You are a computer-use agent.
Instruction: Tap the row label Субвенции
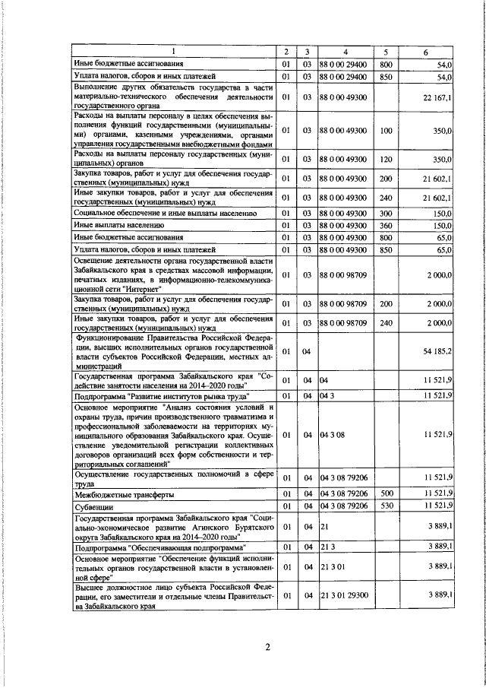tap(91, 505)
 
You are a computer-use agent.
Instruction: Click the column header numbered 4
tap(346, 52)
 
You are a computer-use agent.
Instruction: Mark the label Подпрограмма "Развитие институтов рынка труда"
tap(162, 396)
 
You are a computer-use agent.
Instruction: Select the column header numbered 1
tap(174, 52)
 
